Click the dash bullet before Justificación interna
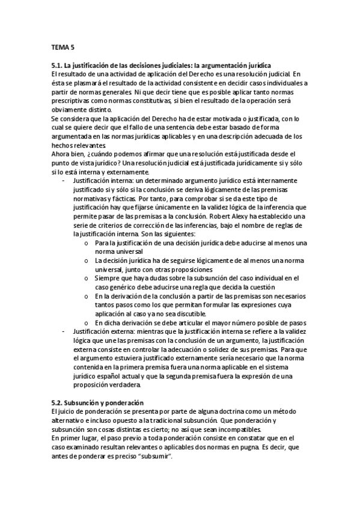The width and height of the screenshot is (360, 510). [x=64, y=180]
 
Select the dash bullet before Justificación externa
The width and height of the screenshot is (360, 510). [x=64, y=333]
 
